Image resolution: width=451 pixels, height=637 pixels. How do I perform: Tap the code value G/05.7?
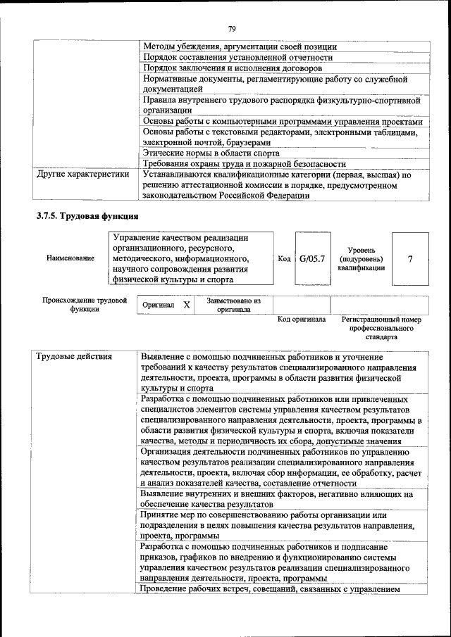pos(312,259)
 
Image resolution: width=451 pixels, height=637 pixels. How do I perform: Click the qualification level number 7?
pos(410,259)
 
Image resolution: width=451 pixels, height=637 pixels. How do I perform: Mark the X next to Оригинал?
pos(186,305)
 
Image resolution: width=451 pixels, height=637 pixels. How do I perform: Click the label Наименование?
pos(70,259)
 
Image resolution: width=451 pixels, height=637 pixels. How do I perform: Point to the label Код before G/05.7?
pos(285,259)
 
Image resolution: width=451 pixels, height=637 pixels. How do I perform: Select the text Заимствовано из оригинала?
pos(233,305)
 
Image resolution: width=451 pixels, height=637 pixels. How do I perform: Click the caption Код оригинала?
pos(302,320)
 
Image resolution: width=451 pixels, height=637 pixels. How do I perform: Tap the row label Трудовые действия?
pos(74,356)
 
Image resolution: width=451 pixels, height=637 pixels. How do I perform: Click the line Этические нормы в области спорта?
pos(211,153)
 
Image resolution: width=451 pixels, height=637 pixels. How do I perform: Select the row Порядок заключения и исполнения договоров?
pos(233,68)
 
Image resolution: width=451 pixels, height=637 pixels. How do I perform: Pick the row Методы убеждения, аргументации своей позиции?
pos(240,47)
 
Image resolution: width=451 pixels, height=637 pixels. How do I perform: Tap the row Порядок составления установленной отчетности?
pos(237,58)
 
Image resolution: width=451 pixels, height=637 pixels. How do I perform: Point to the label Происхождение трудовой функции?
pos(85,305)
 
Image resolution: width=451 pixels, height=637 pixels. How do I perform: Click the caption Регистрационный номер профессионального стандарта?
pos(381,328)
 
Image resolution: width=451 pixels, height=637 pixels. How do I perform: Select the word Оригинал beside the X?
pos(159,305)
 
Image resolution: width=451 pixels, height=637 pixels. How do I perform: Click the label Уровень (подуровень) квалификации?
pos(366,259)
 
